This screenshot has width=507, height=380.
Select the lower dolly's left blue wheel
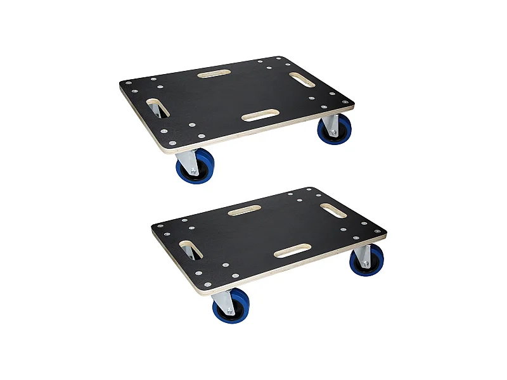pyautogui.click(x=229, y=305)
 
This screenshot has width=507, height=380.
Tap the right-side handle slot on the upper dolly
pyautogui.click(x=301, y=80)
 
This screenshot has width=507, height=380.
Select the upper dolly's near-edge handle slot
pyautogui.click(x=260, y=115)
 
